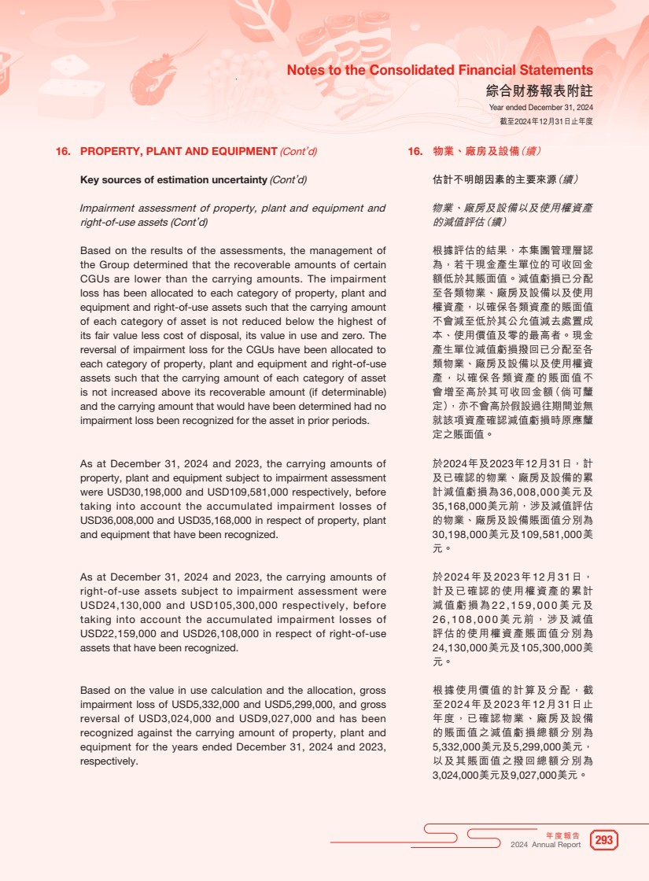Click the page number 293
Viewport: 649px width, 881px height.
click(604, 841)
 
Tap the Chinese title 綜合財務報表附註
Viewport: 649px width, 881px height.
click(539, 90)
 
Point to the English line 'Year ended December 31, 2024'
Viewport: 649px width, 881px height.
click(540, 108)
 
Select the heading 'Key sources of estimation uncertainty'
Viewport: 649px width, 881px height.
click(174, 179)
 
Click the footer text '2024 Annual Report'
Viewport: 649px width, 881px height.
click(545, 845)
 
